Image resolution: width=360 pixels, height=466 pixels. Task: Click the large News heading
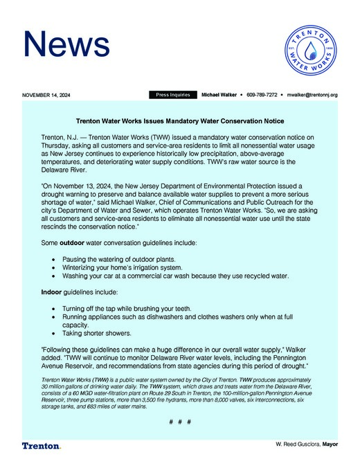pyautogui.click(x=65, y=44)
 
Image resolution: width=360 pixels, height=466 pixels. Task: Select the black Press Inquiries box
pyautogui.click(x=172, y=94)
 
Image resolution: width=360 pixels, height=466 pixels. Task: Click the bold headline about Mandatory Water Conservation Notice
pyautogui.click(x=179, y=120)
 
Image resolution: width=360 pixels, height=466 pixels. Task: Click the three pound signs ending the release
pyautogui.click(x=179, y=422)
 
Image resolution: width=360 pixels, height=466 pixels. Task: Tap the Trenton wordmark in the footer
pyautogui.click(x=41, y=446)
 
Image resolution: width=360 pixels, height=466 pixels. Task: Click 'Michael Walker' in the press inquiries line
pyautogui.click(x=218, y=94)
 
